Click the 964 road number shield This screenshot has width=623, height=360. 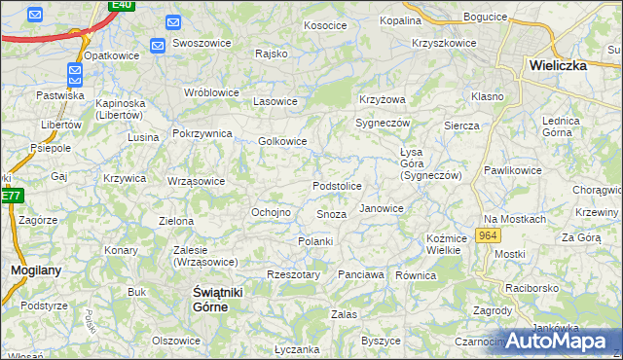click(x=489, y=236)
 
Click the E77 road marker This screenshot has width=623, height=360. click(x=10, y=195)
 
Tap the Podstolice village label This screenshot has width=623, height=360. click(x=337, y=186)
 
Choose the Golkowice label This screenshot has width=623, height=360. click(x=282, y=141)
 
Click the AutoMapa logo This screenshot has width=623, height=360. click(x=560, y=341)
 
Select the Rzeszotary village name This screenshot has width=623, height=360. click(x=293, y=275)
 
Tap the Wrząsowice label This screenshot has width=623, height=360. click(x=196, y=181)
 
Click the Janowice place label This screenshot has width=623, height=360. click(x=382, y=208)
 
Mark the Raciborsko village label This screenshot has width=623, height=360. click(x=531, y=289)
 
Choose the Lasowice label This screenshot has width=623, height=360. click(x=275, y=101)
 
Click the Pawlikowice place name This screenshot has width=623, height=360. click(x=512, y=170)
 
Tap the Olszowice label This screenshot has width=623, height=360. click(x=175, y=341)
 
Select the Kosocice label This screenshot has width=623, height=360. click(x=325, y=25)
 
